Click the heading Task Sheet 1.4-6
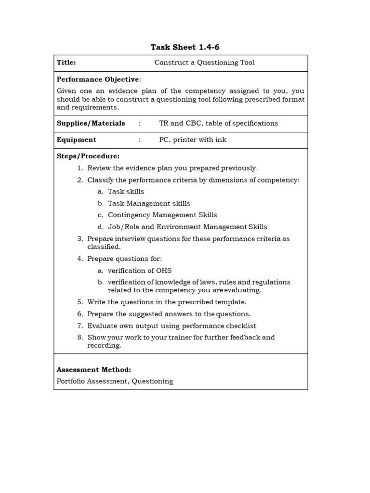point(181,47)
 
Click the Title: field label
point(66,63)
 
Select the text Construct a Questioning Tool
point(204,63)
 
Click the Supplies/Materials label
point(91,123)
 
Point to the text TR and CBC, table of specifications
point(218,123)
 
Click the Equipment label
point(76,140)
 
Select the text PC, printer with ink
point(192,140)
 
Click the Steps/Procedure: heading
point(88,156)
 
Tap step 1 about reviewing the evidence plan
point(172,168)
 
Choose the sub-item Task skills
point(126,192)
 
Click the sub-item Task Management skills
point(149,203)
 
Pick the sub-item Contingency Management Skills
point(162,215)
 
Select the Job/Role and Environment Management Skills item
point(187,227)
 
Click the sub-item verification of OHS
point(139,271)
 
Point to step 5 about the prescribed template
point(167,302)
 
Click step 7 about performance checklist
point(172,325)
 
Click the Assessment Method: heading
point(93,370)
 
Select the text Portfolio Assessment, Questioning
point(115,381)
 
